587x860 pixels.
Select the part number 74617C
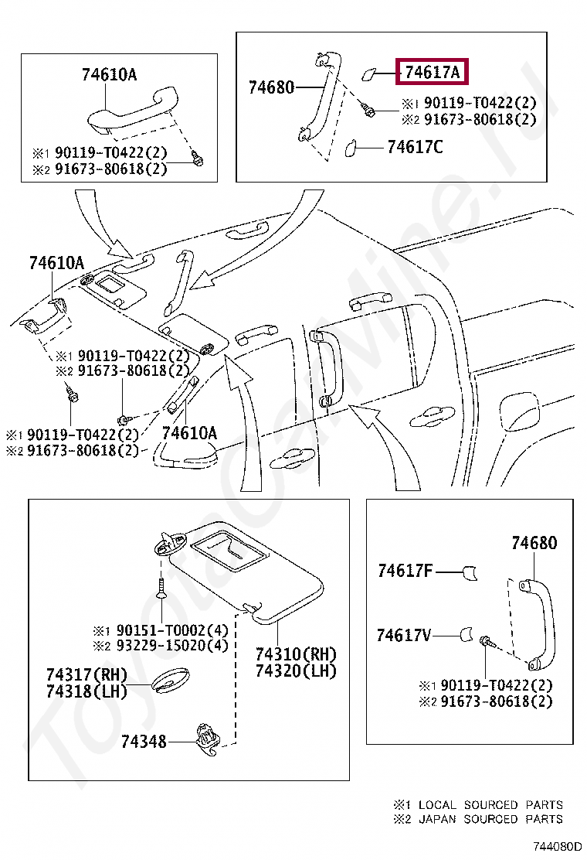(415, 146)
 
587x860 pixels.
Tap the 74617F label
(405, 571)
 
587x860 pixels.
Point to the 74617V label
(404, 635)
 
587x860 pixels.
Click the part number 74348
(144, 742)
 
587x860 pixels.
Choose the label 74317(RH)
(86, 674)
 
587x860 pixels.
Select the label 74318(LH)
(86, 691)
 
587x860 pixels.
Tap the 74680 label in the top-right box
(271, 87)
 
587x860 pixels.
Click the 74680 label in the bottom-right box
(534, 543)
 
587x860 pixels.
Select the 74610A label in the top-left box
(109, 74)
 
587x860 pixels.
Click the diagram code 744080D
(555, 847)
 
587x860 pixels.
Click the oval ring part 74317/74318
(169, 678)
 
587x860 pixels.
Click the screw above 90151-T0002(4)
(161, 588)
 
